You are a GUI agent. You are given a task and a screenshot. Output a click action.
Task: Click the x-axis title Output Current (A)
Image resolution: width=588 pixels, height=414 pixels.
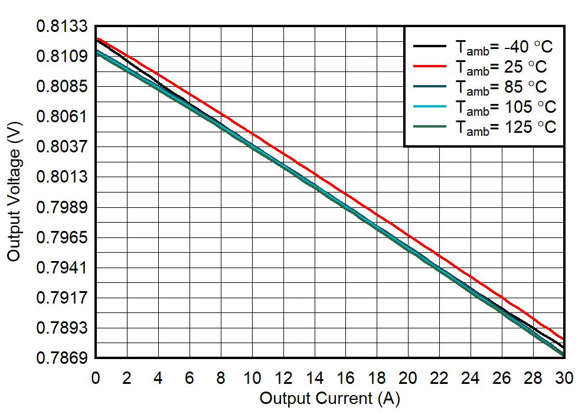point(329,398)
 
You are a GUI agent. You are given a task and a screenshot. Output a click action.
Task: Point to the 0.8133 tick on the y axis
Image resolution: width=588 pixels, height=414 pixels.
point(62,27)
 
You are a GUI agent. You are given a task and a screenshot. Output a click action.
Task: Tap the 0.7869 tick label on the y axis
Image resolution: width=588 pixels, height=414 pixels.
point(62,358)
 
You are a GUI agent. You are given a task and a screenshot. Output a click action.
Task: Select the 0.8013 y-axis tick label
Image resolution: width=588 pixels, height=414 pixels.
point(62,177)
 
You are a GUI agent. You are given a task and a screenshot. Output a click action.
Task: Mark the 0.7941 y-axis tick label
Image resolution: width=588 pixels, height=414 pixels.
point(62,268)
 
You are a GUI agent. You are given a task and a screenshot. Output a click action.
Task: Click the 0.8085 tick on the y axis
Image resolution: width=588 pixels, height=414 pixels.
point(62,87)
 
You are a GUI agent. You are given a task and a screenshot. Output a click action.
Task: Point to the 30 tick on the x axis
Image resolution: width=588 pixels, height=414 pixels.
point(564,379)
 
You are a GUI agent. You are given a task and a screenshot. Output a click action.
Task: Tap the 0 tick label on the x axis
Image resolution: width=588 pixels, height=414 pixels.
point(96,379)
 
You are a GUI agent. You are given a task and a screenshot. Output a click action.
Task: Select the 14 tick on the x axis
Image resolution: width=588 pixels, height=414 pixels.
point(314,379)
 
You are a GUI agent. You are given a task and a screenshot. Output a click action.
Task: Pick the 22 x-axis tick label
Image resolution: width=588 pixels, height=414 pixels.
point(439,379)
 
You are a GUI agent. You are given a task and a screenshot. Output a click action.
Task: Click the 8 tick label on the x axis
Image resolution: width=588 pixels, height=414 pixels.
point(221,379)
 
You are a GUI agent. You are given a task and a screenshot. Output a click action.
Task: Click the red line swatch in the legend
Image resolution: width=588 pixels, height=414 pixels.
point(429,66)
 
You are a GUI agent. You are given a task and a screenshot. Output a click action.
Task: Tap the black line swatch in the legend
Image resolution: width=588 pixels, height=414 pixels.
point(429,45)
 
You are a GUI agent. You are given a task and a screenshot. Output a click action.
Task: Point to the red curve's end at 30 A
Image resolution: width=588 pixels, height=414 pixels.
point(564,340)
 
